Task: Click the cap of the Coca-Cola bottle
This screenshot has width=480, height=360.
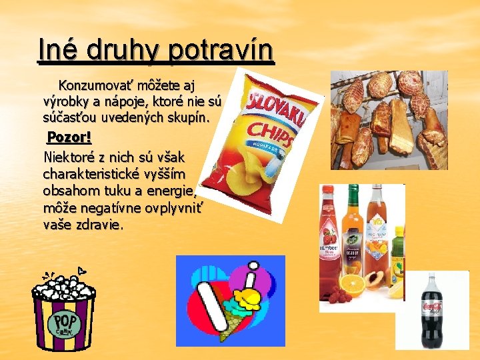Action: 432,275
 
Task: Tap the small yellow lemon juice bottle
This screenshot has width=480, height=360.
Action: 398,260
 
